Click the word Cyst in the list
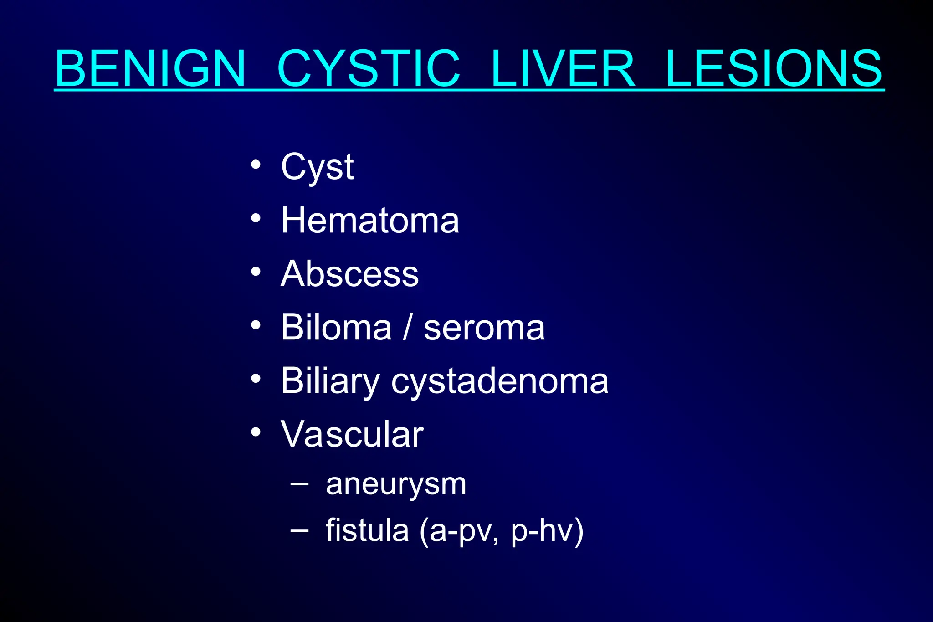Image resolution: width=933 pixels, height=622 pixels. [x=317, y=167]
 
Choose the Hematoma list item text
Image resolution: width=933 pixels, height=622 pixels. [x=370, y=221]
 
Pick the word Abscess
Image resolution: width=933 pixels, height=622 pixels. [x=349, y=274]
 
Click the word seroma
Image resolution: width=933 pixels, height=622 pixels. [x=484, y=328]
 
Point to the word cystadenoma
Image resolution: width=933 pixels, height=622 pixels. [x=500, y=382]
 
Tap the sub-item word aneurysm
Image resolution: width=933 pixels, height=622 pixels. [x=396, y=485]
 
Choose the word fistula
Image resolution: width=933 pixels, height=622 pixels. [x=367, y=531]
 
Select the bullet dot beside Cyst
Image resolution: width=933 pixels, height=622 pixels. [x=256, y=164]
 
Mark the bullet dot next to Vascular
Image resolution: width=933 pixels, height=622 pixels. [x=256, y=432]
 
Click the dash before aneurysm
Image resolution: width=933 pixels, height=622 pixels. [x=299, y=483]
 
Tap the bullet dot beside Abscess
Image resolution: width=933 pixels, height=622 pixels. [x=256, y=272]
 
